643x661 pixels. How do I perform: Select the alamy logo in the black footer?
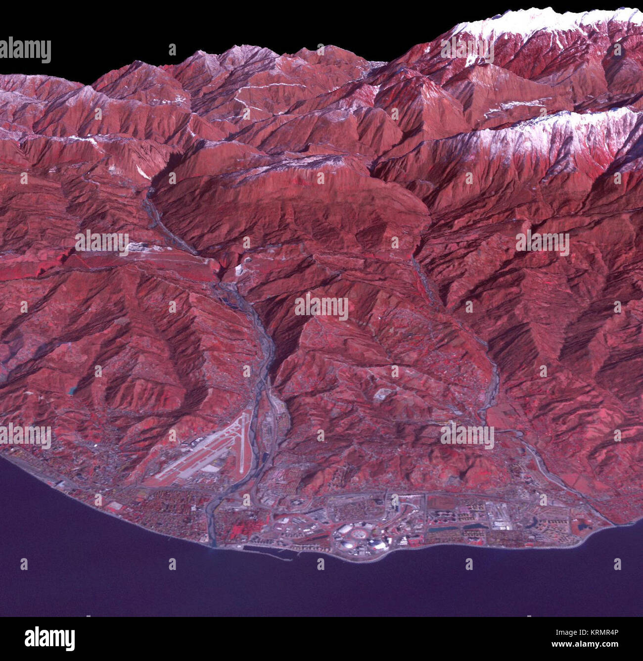(49, 639)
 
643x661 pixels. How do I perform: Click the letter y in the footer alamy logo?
(70, 641)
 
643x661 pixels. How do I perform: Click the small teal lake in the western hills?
(73, 391)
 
